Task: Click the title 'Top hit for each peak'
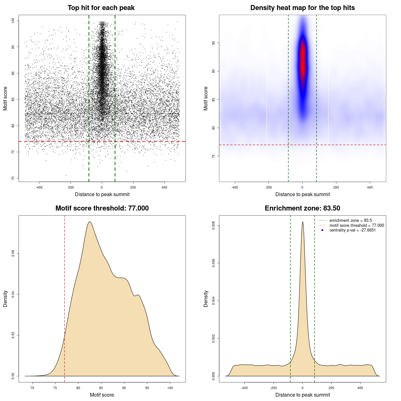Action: (x=101, y=8)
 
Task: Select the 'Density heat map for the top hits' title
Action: (x=302, y=8)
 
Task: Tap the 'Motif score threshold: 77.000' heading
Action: (x=102, y=208)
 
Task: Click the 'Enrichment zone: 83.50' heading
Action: (x=302, y=208)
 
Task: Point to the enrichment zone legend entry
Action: (x=350, y=221)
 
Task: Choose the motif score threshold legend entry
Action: (x=356, y=226)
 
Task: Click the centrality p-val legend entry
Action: (x=352, y=230)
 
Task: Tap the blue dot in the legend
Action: (x=322, y=230)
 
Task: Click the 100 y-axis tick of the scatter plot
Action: (x=13, y=21)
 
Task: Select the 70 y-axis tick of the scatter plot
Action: (x=13, y=178)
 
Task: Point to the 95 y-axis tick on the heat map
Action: (x=213, y=43)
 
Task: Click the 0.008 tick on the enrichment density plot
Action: (x=213, y=226)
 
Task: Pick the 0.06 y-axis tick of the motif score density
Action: (x=13, y=253)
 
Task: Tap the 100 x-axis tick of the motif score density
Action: (x=170, y=388)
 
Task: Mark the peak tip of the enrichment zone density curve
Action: (x=303, y=222)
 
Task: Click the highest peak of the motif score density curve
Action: (x=90, y=222)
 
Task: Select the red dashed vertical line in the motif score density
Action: (x=65, y=298)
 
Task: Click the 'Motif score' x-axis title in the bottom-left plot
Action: (x=102, y=395)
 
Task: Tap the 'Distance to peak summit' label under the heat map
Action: (x=302, y=194)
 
